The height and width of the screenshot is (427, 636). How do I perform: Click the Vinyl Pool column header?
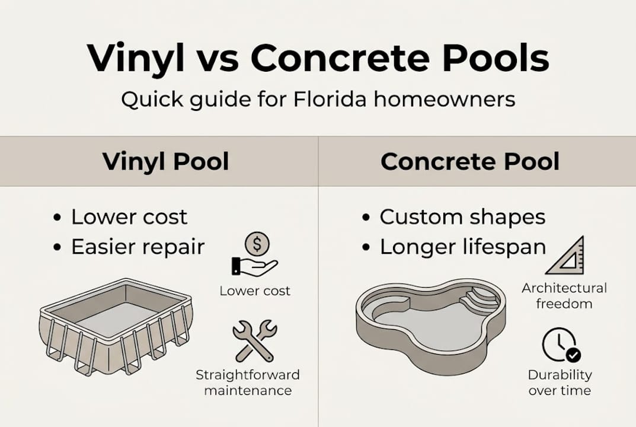point(165,161)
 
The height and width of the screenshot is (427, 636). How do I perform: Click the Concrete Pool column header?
point(470,161)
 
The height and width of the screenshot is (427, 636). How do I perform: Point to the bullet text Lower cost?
point(129,217)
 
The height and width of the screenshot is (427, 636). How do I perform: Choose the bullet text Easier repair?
point(138,247)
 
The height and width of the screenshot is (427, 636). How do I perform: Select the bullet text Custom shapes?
point(462,217)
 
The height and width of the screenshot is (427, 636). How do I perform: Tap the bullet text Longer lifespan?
point(462,247)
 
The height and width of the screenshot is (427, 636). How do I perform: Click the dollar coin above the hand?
point(257,244)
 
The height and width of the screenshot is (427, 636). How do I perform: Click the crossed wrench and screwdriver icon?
point(254,340)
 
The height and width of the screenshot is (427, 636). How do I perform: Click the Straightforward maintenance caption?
point(248,383)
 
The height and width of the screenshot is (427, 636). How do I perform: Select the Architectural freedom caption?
point(564,296)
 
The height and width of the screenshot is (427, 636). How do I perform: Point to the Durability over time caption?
point(560,383)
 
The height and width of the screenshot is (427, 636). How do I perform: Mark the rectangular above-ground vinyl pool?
point(116,325)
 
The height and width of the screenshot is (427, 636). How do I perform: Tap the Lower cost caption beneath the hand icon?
point(255,291)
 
